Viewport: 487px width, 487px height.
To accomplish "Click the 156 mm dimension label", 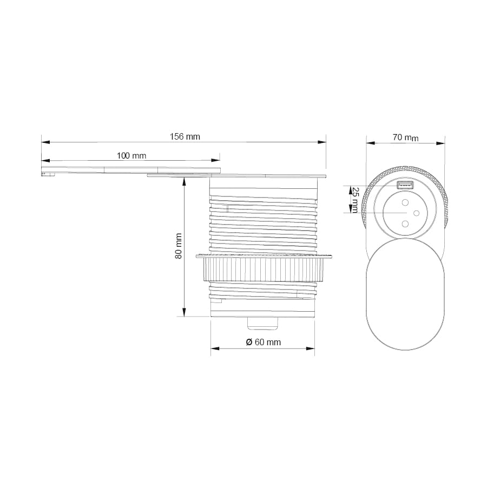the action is [x=185, y=137].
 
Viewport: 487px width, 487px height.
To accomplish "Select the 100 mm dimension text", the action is [x=131, y=156].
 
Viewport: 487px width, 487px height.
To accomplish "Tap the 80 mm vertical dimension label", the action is [x=179, y=246].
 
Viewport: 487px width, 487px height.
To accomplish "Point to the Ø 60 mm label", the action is [x=264, y=342].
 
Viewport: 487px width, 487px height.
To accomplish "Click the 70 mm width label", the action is [x=406, y=137].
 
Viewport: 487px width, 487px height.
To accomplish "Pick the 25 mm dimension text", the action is [x=355, y=200].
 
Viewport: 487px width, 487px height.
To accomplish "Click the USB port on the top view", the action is [x=405, y=185].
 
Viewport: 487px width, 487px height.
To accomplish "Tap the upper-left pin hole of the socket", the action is [x=405, y=203].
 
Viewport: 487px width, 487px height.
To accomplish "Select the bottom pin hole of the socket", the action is [x=405, y=223].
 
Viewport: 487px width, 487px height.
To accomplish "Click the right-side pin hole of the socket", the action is [x=417, y=213].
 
